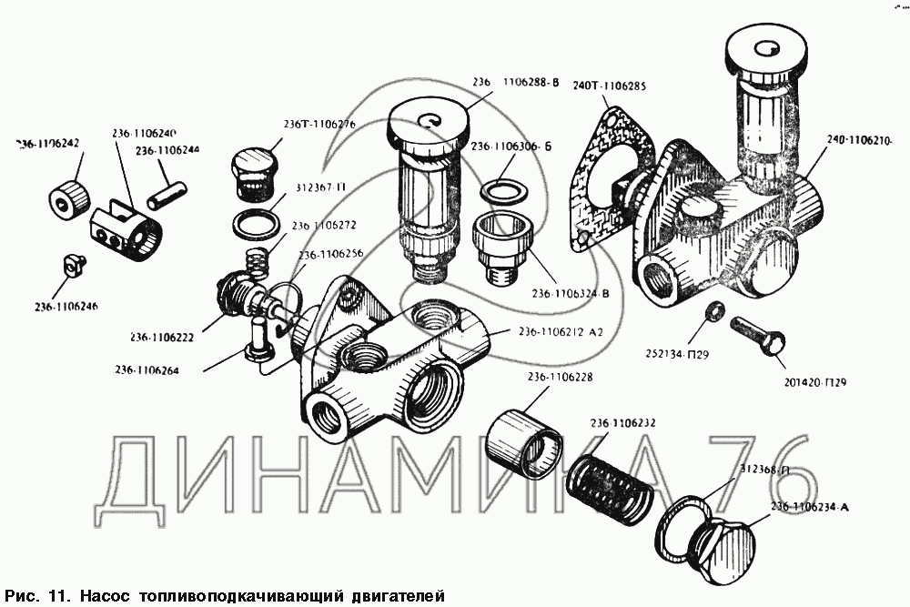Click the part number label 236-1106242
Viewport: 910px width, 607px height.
pos(47,144)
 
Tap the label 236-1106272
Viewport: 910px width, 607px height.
pos(325,226)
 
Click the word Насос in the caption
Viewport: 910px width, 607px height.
pos(108,596)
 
